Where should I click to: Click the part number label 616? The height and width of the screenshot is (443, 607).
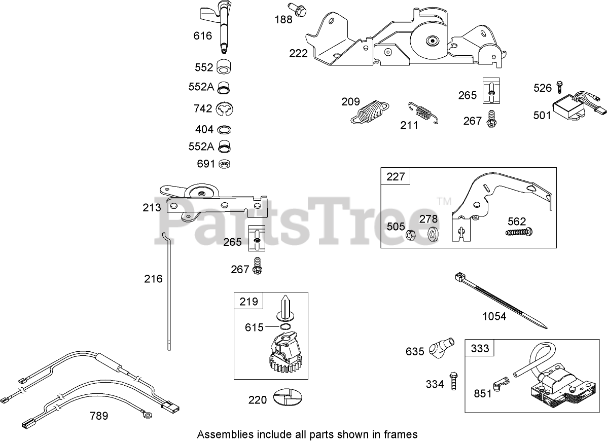(x=202, y=35)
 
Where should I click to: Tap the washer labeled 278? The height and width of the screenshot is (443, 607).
(x=433, y=235)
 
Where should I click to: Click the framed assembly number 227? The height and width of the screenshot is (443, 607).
(x=396, y=176)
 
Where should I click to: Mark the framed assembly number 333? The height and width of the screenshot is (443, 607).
(x=480, y=348)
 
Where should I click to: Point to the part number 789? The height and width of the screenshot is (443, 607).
(x=98, y=416)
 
